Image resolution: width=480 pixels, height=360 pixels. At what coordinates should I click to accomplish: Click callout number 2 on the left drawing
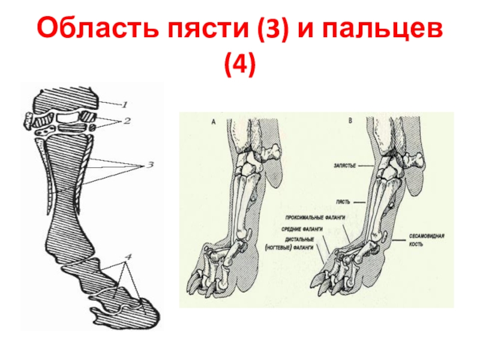tap(127, 120)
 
